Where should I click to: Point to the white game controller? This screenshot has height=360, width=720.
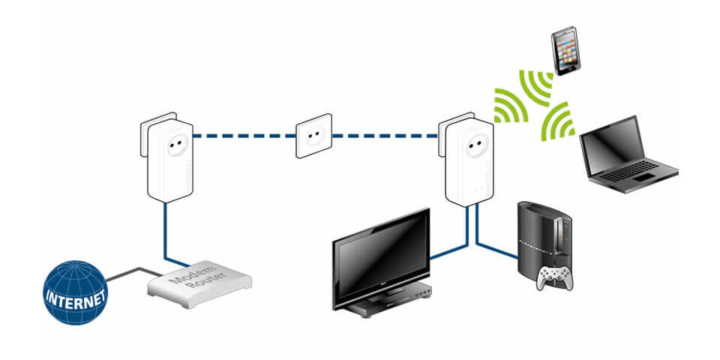553,277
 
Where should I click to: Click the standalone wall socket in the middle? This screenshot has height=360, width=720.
313,136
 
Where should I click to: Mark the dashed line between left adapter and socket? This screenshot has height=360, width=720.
244,136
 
